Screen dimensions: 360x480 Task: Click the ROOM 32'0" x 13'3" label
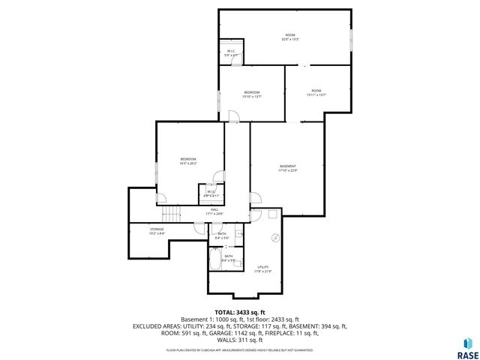(290, 37)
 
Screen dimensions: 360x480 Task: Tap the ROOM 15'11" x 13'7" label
(316, 93)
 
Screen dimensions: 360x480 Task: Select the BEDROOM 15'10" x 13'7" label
(251, 94)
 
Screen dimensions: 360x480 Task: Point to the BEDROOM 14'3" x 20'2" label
(187, 160)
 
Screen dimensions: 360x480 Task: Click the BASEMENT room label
(288, 168)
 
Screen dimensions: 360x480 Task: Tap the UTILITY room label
(262, 268)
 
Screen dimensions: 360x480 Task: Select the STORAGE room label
(156, 231)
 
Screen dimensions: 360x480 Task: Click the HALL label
(214, 211)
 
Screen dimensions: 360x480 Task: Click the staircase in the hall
(173, 214)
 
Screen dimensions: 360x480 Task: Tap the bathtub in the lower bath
(214, 262)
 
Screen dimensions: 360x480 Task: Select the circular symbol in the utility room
(274, 238)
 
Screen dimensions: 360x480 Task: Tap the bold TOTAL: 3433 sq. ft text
(240, 312)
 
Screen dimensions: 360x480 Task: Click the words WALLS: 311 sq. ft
(240, 340)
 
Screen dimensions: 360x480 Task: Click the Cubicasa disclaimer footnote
(240, 350)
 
